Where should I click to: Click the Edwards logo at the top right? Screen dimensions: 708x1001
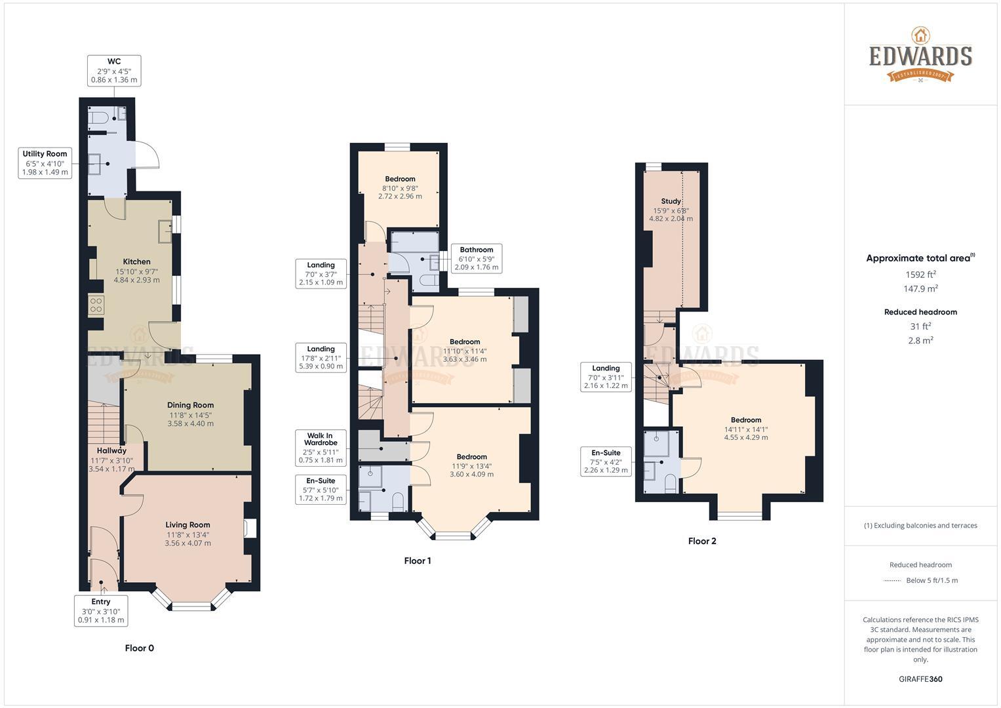click(920, 55)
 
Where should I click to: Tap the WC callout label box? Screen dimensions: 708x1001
click(114, 71)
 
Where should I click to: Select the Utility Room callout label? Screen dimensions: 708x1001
click(45, 163)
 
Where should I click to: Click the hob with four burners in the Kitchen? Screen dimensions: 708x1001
click(96, 305)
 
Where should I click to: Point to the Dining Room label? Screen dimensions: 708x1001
click(190, 405)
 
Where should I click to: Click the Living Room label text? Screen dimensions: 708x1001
click(187, 524)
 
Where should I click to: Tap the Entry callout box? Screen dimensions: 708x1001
click(101, 610)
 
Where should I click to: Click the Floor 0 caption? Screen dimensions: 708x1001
click(139, 648)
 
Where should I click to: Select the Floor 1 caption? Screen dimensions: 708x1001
click(418, 560)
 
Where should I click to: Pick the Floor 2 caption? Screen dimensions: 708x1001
click(702, 541)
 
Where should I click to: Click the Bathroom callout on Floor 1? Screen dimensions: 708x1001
click(476, 258)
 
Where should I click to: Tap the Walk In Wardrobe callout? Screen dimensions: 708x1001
click(321, 448)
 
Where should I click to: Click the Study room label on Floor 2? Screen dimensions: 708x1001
click(671, 201)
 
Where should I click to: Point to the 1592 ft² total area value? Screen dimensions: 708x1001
click(920, 275)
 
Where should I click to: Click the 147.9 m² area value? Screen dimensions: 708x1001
click(920, 289)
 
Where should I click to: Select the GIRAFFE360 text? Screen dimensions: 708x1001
click(920, 679)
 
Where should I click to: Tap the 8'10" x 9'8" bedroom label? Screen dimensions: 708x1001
click(400, 187)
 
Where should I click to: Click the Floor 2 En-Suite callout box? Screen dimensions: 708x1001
click(606, 462)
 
